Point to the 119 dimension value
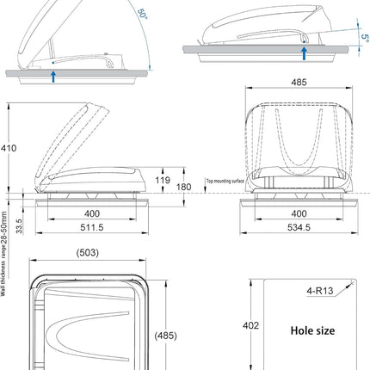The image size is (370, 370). pos(163,179)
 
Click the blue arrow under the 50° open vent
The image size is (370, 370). pos(53,77)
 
